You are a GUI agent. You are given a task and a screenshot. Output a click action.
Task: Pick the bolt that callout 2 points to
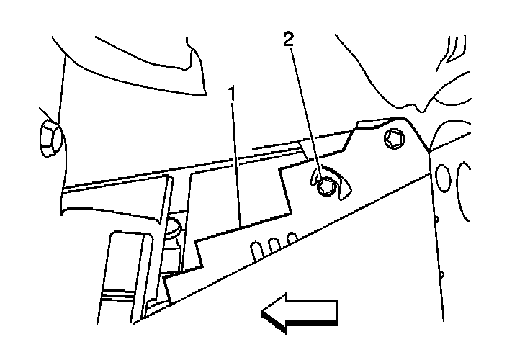pos(326,186)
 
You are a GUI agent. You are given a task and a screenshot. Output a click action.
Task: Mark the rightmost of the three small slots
pos(292,238)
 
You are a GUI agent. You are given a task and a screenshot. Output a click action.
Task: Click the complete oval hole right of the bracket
pos(444,178)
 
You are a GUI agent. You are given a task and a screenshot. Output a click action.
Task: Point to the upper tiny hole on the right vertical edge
pos(436,219)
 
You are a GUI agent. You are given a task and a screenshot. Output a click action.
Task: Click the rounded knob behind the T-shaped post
pos(173,229)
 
